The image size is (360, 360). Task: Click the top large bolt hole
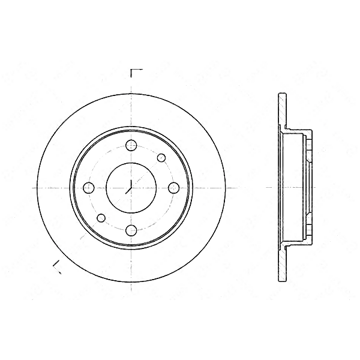pyautogui.click(x=131, y=145)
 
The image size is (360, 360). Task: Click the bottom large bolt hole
pyautogui.click(x=131, y=230)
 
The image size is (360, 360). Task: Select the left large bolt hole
pyautogui.click(x=89, y=187)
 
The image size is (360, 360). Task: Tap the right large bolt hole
pyautogui.click(x=174, y=187)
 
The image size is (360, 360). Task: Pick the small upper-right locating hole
pyautogui.click(x=161, y=157)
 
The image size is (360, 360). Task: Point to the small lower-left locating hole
pyautogui.click(x=101, y=217)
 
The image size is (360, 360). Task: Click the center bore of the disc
pyautogui.click(x=131, y=187)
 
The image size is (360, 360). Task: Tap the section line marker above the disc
pyautogui.click(x=136, y=73)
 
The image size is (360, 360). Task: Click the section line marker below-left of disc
pyautogui.click(x=56, y=266)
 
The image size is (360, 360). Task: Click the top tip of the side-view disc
pyautogui.click(x=281, y=94)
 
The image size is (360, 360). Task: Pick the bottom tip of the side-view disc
pyautogui.click(x=281, y=280)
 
